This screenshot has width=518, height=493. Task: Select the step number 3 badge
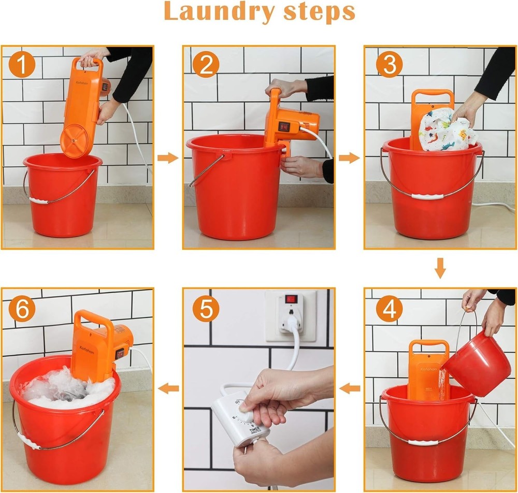pos(387,66)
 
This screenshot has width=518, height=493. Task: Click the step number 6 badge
pos(22,310)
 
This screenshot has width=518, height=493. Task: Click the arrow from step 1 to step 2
pos(167,158)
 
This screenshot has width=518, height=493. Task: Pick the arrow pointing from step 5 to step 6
pos(168,388)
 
